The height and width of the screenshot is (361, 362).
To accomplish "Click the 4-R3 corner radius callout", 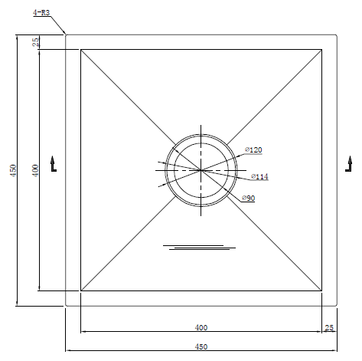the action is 41,12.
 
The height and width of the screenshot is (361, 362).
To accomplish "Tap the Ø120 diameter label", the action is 253,149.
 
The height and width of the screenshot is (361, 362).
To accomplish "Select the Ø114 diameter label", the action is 259,176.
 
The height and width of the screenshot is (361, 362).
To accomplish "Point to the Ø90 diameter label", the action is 249,198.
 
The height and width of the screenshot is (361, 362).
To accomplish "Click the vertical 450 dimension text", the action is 13,170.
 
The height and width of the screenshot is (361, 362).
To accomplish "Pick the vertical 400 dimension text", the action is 35,170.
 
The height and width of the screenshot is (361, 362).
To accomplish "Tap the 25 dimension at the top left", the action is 36,42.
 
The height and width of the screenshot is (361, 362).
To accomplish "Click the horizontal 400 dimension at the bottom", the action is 201,327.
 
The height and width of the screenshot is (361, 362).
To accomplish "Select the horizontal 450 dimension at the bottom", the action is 201,346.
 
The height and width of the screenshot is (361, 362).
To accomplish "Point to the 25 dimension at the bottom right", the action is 329,327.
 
